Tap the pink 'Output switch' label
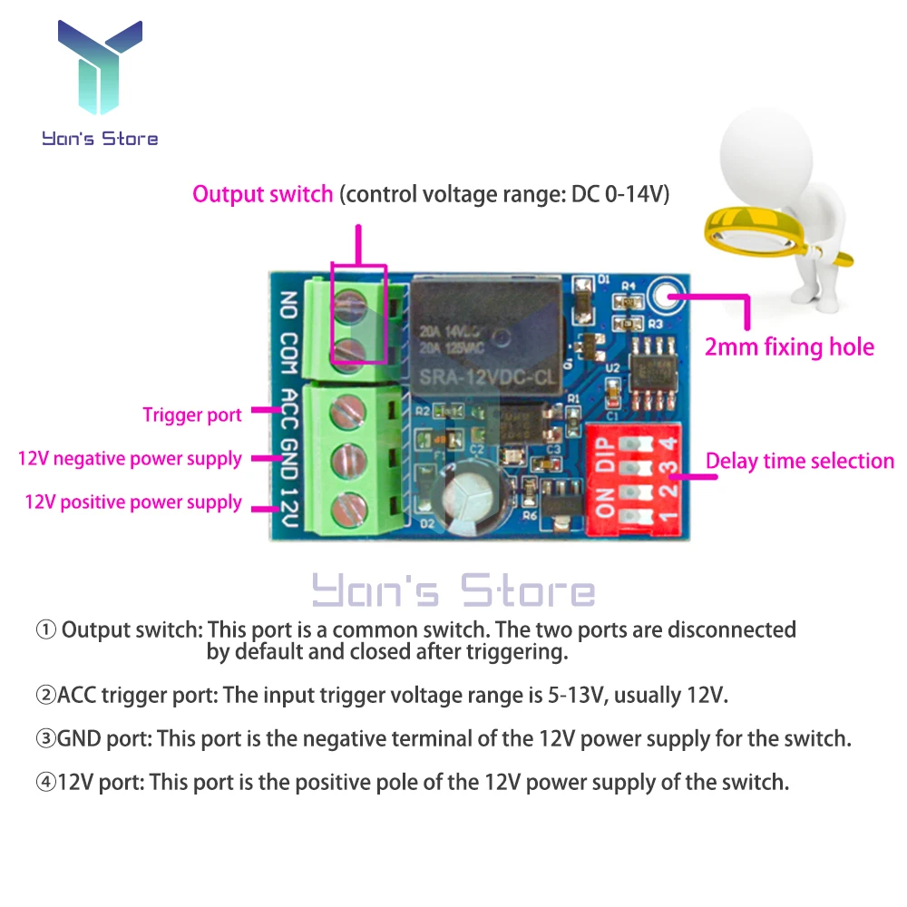[262, 194]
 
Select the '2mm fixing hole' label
[789, 346]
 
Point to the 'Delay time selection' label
[800, 461]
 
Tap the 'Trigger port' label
[192, 415]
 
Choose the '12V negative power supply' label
[130, 458]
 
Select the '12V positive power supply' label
[133, 502]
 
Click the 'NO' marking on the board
[289, 304]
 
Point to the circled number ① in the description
[45, 629]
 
